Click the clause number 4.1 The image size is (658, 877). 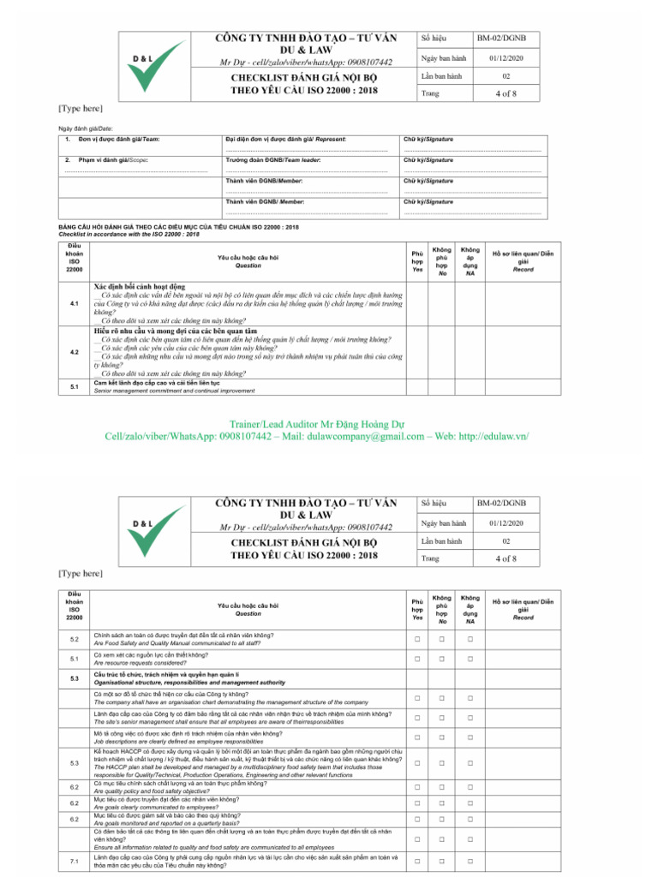(75, 304)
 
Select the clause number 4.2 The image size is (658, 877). (75, 352)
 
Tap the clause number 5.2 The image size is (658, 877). (75, 639)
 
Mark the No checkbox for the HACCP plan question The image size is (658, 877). (442, 763)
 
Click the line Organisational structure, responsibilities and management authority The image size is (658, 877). (189, 683)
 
